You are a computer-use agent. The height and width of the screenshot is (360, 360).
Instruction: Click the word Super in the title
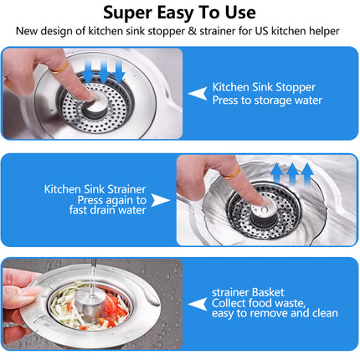tap(128, 13)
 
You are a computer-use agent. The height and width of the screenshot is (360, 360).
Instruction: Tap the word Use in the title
tap(240, 13)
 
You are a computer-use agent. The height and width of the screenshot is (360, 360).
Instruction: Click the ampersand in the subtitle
tap(192, 31)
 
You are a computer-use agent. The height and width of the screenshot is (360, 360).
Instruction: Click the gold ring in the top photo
tap(59, 68)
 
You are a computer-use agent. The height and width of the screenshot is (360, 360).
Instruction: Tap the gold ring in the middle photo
tap(231, 173)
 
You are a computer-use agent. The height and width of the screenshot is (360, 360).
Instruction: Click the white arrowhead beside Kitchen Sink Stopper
tap(198, 94)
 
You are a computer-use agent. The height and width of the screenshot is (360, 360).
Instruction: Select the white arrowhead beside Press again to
tap(161, 200)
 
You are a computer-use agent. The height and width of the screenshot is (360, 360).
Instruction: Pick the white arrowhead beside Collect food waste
tap(198, 304)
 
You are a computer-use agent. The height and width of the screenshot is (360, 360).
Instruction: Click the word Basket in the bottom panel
tap(268, 292)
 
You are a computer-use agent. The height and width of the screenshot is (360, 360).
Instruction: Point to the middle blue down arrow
tap(104, 72)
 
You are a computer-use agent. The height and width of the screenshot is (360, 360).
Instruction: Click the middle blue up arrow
tap(292, 174)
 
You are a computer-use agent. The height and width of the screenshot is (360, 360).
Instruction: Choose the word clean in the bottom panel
tap(325, 313)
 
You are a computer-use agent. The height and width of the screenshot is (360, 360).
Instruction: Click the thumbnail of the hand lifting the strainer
tap(93, 304)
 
